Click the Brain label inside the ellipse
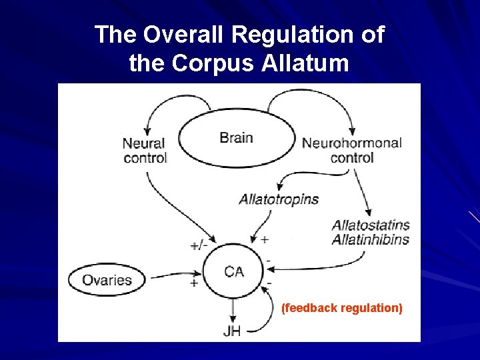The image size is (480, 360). click(236, 138)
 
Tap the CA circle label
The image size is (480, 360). click(234, 271)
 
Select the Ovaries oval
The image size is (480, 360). click(107, 280)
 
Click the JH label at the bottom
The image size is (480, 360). click(232, 331)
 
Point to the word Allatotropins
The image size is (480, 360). click(279, 199)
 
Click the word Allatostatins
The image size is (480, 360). click(371, 225)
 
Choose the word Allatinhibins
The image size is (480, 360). click(371, 240)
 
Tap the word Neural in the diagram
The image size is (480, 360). click(144, 143)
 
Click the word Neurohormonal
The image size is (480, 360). click(351, 143)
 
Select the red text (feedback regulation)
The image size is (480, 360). click(342, 308)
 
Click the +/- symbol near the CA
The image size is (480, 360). click(199, 245)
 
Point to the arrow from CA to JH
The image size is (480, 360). click(232, 309)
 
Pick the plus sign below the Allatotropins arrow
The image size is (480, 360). click(265, 239)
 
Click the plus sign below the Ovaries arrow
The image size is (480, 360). click(194, 283)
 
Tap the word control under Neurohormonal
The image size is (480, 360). click(351, 158)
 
